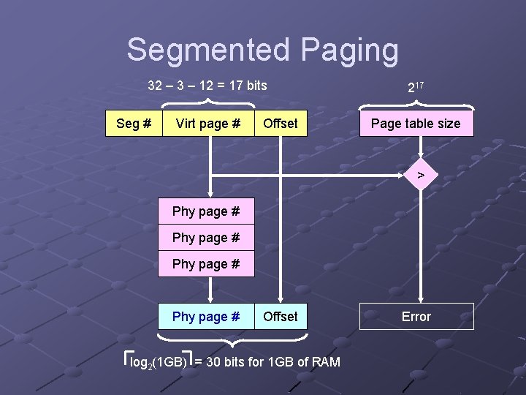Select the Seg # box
(x=134, y=124)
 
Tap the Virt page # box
(x=208, y=124)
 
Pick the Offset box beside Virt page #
(x=281, y=124)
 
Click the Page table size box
(x=416, y=124)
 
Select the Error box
(x=416, y=317)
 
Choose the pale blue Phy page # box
(x=206, y=317)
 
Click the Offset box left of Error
(x=281, y=317)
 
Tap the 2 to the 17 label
(x=415, y=87)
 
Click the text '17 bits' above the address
(x=248, y=86)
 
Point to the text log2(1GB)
(x=157, y=362)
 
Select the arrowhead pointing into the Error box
(x=420, y=298)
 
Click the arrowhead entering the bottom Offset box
(x=281, y=298)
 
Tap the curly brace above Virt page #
(x=207, y=102)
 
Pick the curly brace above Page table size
(x=416, y=102)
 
